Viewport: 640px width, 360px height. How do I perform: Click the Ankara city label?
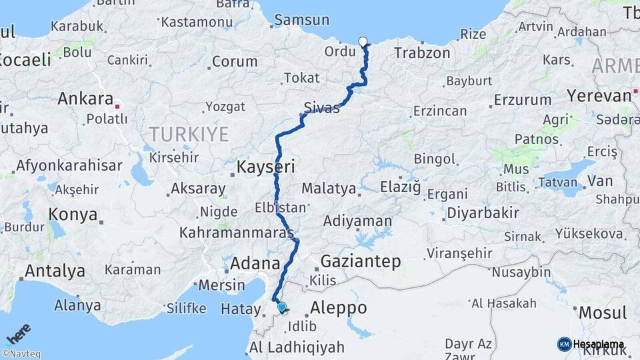pyautogui.click(x=85, y=99)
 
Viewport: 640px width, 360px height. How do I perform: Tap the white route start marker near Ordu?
pyautogui.click(x=363, y=42)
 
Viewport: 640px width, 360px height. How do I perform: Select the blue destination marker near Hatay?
pyautogui.click(x=282, y=307)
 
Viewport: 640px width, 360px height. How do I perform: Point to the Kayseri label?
pyautogui.click(x=265, y=167)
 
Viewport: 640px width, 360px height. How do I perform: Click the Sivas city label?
pyautogui.click(x=321, y=107)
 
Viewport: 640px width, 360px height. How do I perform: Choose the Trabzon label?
pyautogui.click(x=421, y=53)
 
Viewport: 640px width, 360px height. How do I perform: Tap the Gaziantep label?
pyautogui.click(x=361, y=261)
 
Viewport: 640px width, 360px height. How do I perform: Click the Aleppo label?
pyautogui.click(x=338, y=308)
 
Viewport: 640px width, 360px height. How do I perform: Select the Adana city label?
pyautogui.click(x=254, y=263)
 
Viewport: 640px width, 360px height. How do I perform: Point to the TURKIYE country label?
pyautogui.click(x=189, y=134)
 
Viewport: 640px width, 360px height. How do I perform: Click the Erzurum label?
pyautogui.click(x=519, y=100)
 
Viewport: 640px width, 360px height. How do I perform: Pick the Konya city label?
pyautogui.click(x=73, y=215)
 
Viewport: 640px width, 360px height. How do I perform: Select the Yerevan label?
pyautogui.click(x=599, y=95)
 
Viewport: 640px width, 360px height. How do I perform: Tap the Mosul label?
pyautogui.click(x=602, y=312)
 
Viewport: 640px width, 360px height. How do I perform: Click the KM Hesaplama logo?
pyautogui.click(x=591, y=344)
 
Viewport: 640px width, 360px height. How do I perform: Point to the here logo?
pyautogui.click(x=18, y=332)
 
